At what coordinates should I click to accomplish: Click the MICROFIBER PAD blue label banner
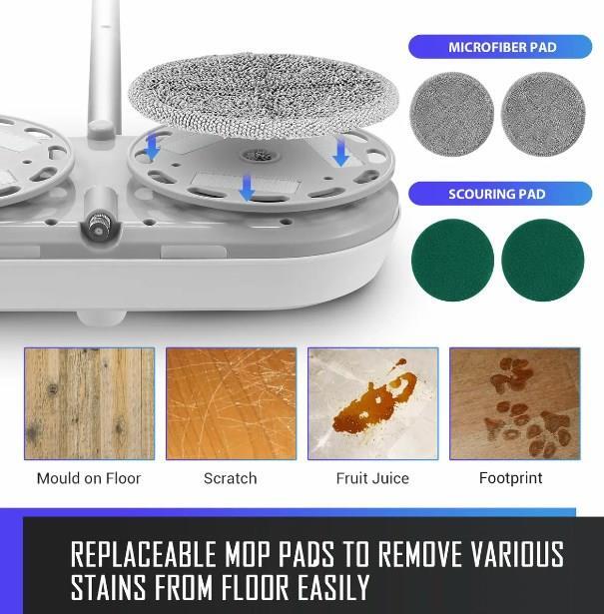(500, 47)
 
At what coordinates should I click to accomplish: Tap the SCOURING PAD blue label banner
(500, 194)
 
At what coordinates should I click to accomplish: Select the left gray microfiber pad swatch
(451, 114)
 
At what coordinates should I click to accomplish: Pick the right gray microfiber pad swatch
(543, 114)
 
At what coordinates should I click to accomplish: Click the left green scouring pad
(452, 260)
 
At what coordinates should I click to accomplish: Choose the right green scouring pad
(543, 260)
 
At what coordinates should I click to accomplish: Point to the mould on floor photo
(89, 403)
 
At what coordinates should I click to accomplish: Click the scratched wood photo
(231, 403)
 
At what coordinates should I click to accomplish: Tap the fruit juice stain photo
(373, 403)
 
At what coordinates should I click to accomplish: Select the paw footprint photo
(515, 403)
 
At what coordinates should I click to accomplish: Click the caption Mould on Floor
(89, 478)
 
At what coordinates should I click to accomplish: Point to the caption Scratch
(231, 478)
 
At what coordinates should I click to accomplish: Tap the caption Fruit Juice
(372, 478)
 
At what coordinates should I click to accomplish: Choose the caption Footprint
(511, 478)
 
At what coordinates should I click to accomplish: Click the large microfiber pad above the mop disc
(264, 95)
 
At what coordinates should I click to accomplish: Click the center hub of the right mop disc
(259, 156)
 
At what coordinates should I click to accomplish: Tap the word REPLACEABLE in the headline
(144, 554)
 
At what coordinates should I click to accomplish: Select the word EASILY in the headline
(333, 587)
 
